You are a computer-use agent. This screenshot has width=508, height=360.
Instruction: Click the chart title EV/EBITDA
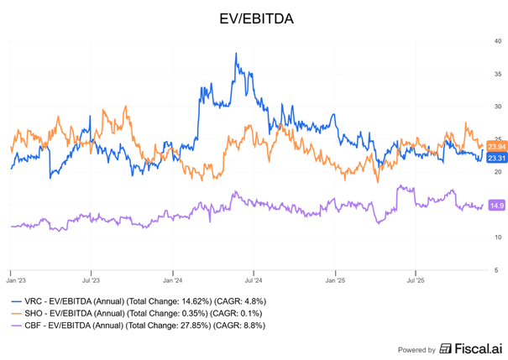(x=254, y=17)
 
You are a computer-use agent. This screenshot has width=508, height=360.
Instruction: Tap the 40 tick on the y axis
(x=498, y=41)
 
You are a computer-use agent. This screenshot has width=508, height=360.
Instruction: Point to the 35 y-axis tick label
(x=498, y=74)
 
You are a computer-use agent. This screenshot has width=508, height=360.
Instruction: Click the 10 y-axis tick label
(x=498, y=237)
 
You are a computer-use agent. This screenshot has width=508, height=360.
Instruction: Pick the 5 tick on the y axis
(x=500, y=270)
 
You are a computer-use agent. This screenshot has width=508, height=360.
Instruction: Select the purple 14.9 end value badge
(x=497, y=206)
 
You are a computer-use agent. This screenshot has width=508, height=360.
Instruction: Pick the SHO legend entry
(x=134, y=311)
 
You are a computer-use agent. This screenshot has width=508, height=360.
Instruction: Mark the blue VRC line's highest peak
(x=236, y=54)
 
